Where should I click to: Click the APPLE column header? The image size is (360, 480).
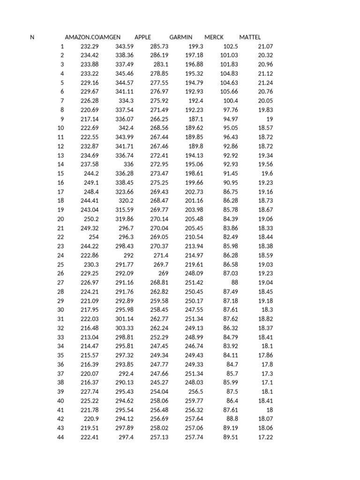pyautogui.click(x=143, y=37)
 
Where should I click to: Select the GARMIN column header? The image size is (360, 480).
pyautogui.click(x=180, y=37)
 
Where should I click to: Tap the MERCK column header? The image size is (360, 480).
pyautogui.click(x=214, y=37)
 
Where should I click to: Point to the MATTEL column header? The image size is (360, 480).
pyautogui.click(x=250, y=37)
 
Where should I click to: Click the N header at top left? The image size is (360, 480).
pyautogui.click(x=32, y=37)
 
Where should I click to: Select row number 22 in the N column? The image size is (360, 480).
pyautogui.click(x=60, y=237)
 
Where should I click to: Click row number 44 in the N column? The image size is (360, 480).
pyautogui.click(x=60, y=437)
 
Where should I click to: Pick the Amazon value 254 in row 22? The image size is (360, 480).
pyautogui.click(x=93, y=237)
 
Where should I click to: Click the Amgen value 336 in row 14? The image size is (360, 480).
pyautogui.click(x=128, y=165)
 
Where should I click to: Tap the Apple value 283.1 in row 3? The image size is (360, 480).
pyautogui.click(x=160, y=64)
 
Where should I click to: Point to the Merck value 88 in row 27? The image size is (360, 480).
pyautogui.click(x=234, y=283)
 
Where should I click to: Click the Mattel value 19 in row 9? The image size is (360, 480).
pyautogui.click(x=269, y=119)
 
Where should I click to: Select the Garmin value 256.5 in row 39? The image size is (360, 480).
pyautogui.click(x=195, y=392)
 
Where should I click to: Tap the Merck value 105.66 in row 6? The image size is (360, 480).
pyautogui.click(x=229, y=92)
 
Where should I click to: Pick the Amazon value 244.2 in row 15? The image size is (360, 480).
pyautogui.click(x=90, y=173)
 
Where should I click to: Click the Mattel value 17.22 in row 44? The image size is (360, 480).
pyautogui.click(x=265, y=437)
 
